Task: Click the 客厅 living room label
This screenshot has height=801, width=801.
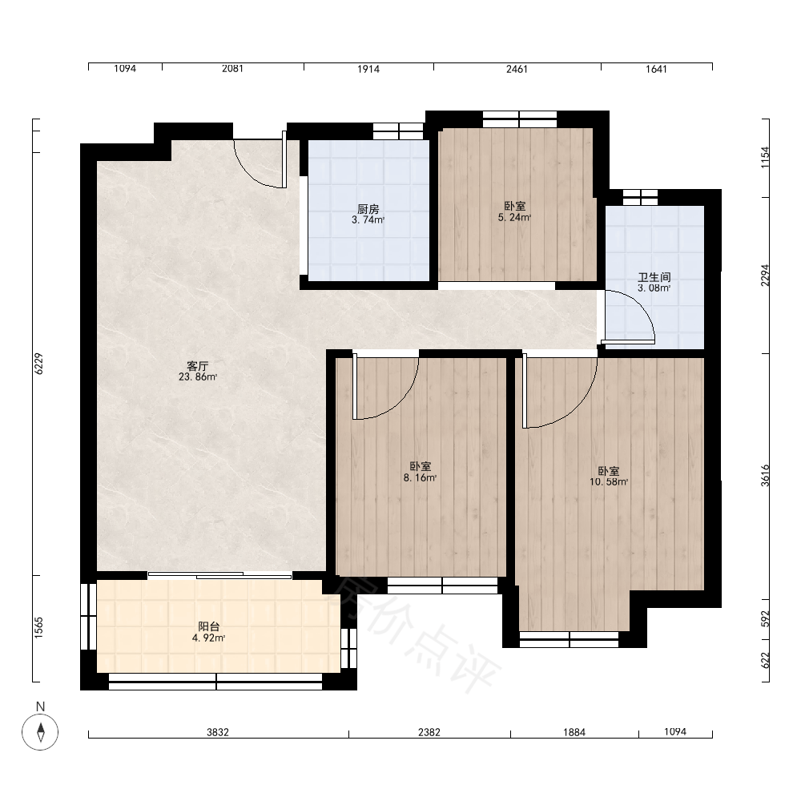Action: coord(197,366)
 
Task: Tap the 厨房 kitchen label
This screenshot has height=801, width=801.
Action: coord(368,209)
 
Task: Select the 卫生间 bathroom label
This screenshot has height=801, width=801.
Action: coord(654,277)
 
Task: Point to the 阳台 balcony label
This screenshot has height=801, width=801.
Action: coord(209,626)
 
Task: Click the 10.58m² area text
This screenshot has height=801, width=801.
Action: coord(609,481)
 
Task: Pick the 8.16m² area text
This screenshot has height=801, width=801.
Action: coord(420,478)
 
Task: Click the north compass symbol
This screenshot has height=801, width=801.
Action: coord(40,732)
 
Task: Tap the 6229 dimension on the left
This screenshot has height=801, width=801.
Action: coord(38,364)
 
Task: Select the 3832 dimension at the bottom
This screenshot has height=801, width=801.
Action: coord(218,732)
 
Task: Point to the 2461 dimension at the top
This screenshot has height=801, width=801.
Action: coord(517,69)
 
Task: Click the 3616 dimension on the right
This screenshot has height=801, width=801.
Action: coord(765,476)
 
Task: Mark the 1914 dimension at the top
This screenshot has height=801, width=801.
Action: coord(368,69)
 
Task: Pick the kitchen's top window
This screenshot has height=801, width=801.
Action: coord(398,131)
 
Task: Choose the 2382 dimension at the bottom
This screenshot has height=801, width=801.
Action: coord(429,732)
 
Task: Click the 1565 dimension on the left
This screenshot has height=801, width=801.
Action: coord(38,628)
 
